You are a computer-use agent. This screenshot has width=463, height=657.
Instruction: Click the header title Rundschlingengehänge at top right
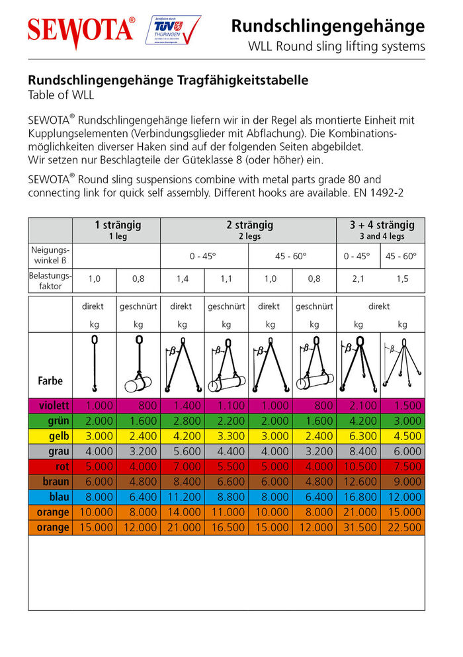pos(327,26)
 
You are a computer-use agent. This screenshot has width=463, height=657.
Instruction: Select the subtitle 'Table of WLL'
pos(61,95)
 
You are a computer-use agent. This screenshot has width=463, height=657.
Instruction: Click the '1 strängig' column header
pos(117,225)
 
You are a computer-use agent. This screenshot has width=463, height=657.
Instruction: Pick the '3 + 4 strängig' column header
pos(381,225)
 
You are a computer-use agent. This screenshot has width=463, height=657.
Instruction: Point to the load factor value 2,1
pos(358,279)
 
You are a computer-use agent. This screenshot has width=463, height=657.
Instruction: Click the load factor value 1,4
pos(182,279)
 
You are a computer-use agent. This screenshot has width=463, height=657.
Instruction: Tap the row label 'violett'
pos(52,406)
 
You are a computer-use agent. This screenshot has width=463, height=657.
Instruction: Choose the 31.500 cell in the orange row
pos(358,527)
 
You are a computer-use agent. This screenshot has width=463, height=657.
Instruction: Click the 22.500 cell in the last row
pos(403,527)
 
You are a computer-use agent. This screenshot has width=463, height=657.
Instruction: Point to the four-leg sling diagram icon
pos(403,364)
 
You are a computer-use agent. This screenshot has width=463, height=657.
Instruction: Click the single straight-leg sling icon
pos(95,364)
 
